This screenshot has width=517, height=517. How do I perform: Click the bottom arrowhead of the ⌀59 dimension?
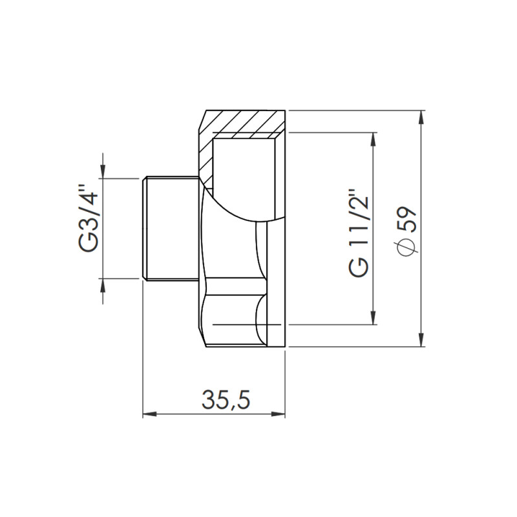(421, 340)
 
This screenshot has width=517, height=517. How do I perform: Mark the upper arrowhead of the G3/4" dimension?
(102, 170)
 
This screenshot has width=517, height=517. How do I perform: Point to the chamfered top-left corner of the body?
(202, 120)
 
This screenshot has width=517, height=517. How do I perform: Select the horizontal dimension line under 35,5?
(213, 414)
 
